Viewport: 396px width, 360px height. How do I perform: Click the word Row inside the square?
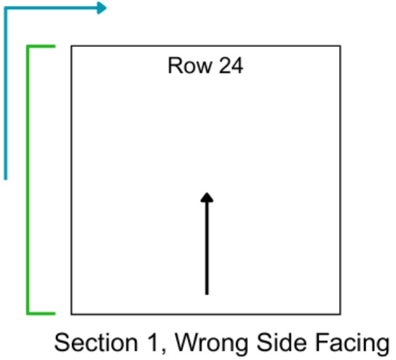[190, 65]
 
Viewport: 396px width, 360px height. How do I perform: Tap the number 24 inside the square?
[231, 65]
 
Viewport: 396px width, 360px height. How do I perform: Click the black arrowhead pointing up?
[207, 198]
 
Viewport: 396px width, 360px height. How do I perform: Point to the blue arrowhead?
[102, 8]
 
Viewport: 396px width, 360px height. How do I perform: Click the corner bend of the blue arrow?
[5, 9]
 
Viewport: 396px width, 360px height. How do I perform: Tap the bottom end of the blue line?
[5, 180]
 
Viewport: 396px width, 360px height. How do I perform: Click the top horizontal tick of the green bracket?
[41, 46]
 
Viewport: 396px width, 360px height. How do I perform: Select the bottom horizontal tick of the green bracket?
[41, 314]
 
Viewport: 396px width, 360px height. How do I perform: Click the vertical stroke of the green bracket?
[28, 180]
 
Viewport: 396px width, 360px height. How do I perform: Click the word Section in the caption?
[97, 343]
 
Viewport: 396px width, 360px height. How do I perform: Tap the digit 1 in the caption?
[153, 343]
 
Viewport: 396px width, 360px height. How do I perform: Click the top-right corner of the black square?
[340, 46]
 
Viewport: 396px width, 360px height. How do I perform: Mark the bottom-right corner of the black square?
[340, 314]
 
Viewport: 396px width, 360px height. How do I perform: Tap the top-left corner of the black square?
[71, 46]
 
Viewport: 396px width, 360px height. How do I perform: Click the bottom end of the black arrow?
[207, 294]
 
